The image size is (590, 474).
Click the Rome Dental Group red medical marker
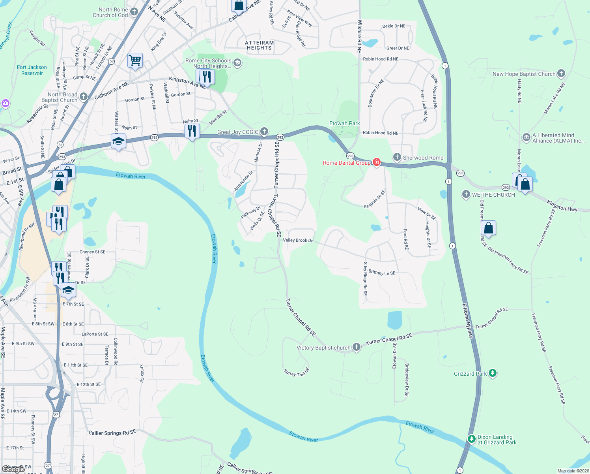tap(377, 162)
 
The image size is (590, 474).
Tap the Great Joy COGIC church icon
tap(264, 131)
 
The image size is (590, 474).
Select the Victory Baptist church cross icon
tap(356, 347)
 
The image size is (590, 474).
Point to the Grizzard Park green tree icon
tap(492, 373)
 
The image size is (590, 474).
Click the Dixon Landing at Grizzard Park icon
tap(471, 439)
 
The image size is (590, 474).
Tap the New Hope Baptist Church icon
tap(561, 73)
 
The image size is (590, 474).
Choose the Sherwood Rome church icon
tap(397, 157)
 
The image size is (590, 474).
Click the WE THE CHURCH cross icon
tap(466, 194)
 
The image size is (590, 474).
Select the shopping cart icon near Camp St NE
tap(135, 61)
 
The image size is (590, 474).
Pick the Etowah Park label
tap(345, 123)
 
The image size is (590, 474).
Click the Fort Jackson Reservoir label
tap(32, 70)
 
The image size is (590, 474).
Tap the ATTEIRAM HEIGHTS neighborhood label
tap(259, 45)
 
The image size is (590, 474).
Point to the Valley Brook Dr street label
tap(298, 240)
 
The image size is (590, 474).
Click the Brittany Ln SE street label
tap(382, 273)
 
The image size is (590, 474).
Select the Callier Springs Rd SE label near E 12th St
tap(112, 433)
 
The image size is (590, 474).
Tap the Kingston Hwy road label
tap(562, 206)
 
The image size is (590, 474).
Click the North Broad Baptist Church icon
tap(83, 96)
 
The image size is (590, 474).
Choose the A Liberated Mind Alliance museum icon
tap(526, 137)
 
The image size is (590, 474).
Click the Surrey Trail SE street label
tap(297, 372)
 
